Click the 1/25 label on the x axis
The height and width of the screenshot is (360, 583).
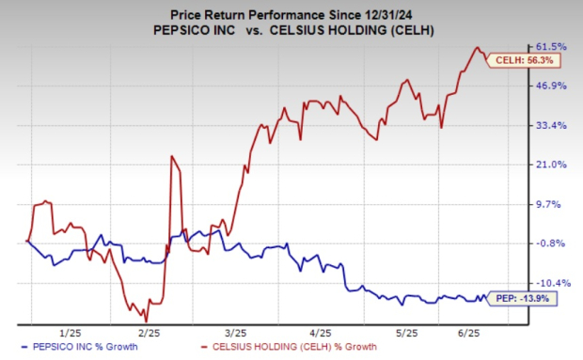tap(70, 333)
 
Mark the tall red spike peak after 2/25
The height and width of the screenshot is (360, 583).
tap(171, 156)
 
